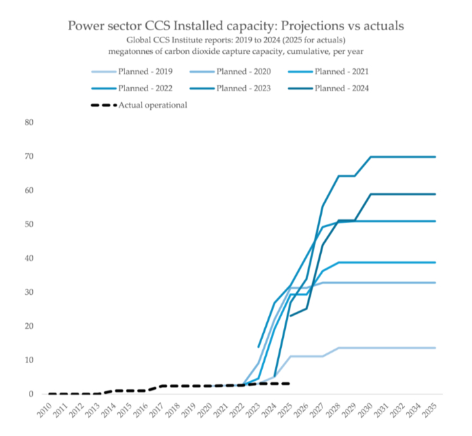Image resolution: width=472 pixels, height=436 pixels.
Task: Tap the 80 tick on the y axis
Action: (29, 122)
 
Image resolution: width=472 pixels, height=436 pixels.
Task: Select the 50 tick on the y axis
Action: (29, 224)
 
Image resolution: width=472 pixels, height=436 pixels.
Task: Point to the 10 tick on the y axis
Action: (29, 360)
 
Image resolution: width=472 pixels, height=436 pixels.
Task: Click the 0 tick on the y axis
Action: (31, 394)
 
